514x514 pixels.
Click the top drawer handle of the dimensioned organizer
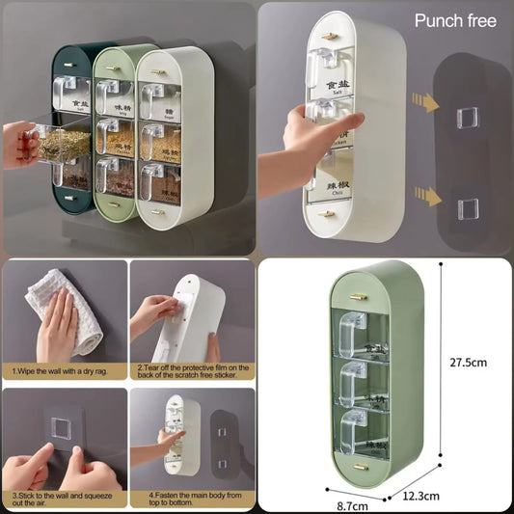point(355,324)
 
